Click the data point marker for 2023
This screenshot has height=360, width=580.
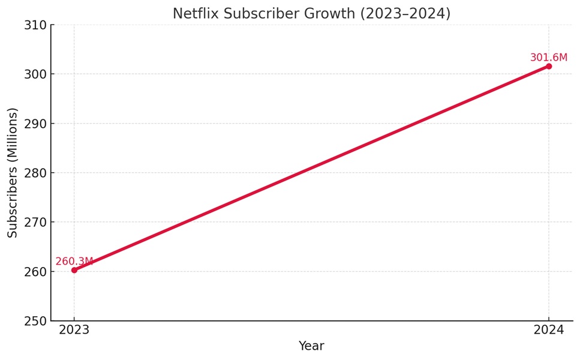(x=74, y=270)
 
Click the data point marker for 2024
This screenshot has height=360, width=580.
(x=548, y=66)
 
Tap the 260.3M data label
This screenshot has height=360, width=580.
(x=74, y=262)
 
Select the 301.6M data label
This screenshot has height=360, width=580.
(x=548, y=58)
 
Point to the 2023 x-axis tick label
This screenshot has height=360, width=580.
(x=74, y=330)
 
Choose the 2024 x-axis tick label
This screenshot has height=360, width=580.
(x=548, y=330)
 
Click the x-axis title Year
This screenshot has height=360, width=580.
(x=311, y=346)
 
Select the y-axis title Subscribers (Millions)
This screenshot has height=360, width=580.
(x=13, y=173)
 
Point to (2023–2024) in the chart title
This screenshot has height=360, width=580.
(x=405, y=14)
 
